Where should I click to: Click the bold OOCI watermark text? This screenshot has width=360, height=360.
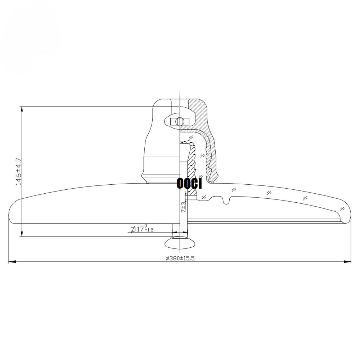click(189, 184)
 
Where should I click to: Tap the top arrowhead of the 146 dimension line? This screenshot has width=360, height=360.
click(22, 109)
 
